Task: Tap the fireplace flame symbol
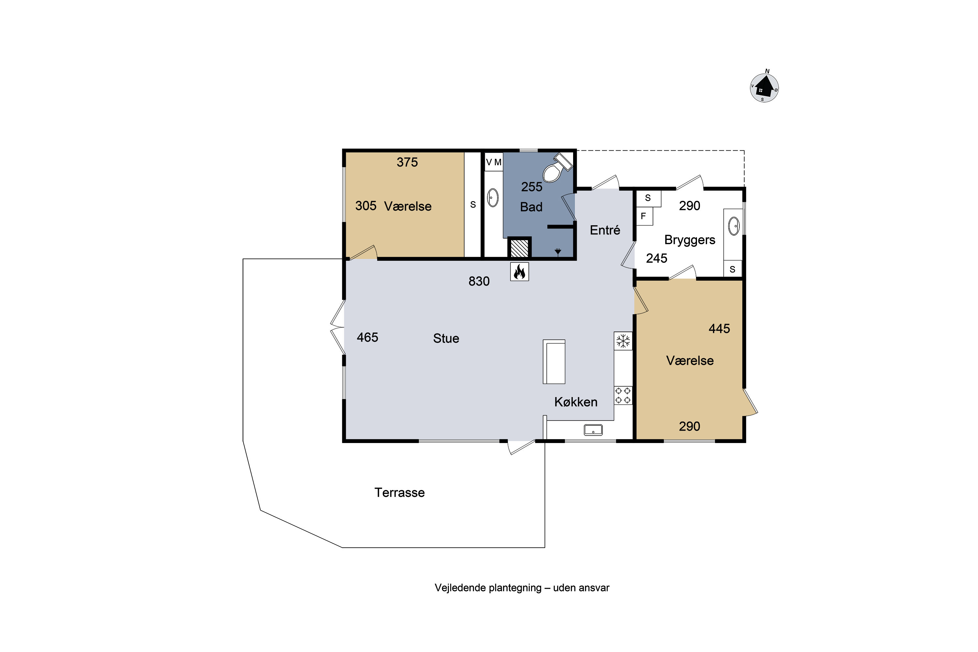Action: click(x=519, y=272)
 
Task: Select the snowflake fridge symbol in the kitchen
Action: click(x=623, y=341)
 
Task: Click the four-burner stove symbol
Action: click(x=623, y=395)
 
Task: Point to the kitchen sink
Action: click(x=593, y=430)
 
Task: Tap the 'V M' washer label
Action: click(x=494, y=162)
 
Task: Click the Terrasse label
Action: click(x=400, y=492)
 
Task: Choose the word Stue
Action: click(x=446, y=338)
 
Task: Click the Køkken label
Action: click(x=576, y=402)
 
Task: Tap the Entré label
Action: click(x=605, y=230)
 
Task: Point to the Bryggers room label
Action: click(x=690, y=240)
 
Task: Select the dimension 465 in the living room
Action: click(x=368, y=337)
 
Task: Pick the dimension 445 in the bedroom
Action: click(x=719, y=329)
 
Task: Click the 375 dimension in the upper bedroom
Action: click(x=407, y=162)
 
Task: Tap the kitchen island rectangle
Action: click(x=554, y=361)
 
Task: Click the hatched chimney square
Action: click(x=519, y=248)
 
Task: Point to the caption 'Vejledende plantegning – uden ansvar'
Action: click(x=522, y=587)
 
